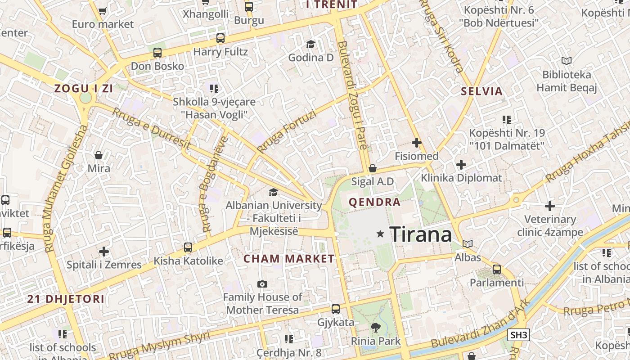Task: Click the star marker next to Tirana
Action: (x=380, y=234)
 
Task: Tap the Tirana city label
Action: (x=420, y=234)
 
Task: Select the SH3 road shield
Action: (x=519, y=335)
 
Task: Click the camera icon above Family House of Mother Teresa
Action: (x=262, y=284)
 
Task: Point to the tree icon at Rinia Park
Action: (x=375, y=327)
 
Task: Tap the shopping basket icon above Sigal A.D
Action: (x=373, y=169)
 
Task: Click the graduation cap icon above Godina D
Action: (x=310, y=44)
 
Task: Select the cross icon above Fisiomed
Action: (x=417, y=143)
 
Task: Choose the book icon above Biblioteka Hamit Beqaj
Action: (x=566, y=61)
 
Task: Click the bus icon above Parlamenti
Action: (x=496, y=270)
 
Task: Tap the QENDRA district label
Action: (x=374, y=202)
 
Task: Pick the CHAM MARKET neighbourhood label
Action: (x=289, y=259)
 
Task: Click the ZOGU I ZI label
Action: (x=84, y=89)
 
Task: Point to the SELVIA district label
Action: (x=481, y=91)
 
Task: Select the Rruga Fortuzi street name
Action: (x=286, y=131)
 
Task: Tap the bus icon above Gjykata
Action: (x=336, y=309)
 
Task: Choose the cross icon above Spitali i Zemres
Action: (x=104, y=251)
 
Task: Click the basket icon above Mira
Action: (x=99, y=156)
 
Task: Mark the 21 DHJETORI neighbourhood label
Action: (x=66, y=299)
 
